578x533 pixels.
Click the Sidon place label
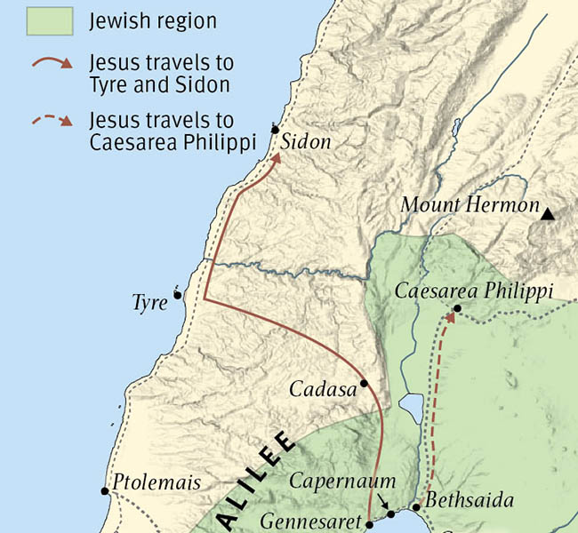[308, 142]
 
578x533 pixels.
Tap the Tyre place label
[149, 303]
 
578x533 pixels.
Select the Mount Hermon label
[470, 205]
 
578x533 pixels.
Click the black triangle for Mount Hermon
[549, 212]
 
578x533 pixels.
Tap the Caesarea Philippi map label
[474, 291]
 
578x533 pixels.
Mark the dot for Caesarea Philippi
[456, 309]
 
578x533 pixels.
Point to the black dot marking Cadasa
[364, 384]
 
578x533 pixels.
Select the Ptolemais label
[157, 484]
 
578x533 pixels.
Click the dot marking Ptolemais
[106, 489]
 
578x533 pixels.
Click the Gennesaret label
[311, 521]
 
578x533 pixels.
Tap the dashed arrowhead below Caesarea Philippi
[448, 318]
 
